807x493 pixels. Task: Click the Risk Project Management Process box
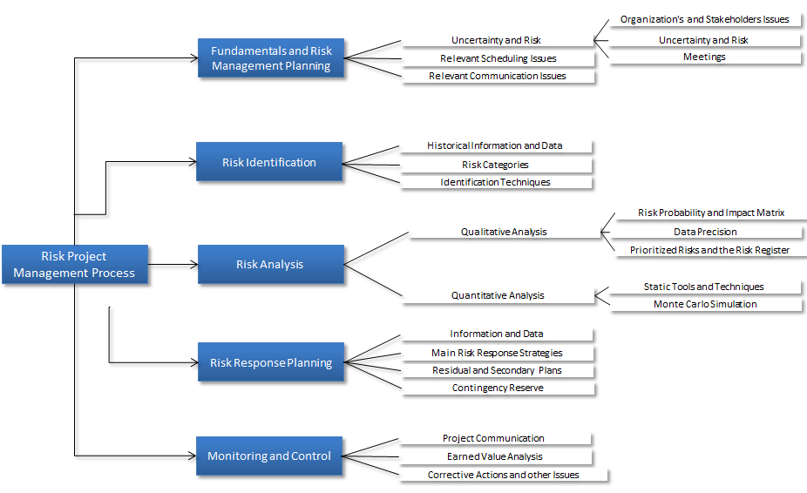pyautogui.click(x=75, y=265)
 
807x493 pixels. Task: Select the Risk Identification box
pyautogui.click(x=269, y=162)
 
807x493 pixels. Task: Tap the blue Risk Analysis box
pyautogui.click(x=271, y=265)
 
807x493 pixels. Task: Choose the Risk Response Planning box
pyautogui.click(x=271, y=362)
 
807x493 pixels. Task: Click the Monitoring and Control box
pyautogui.click(x=269, y=456)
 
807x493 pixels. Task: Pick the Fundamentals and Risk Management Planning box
pyautogui.click(x=271, y=58)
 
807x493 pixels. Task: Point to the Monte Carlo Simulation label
pyautogui.click(x=705, y=304)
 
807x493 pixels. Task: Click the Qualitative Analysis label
pyautogui.click(x=504, y=232)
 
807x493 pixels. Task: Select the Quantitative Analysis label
pyautogui.click(x=498, y=295)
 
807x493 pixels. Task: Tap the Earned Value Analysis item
pyautogui.click(x=495, y=456)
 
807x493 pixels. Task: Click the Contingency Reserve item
pyautogui.click(x=498, y=388)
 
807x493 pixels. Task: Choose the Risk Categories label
pyautogui.click(x=495, y=165)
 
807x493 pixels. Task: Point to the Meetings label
pyautogui.click(x=704, y=57)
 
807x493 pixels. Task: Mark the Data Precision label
pyautogui.click(x=705, y=232)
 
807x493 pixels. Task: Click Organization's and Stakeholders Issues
pyautogui.click(x=704, y=19)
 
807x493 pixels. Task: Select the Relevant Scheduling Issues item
pyautogui.click(x=498, y=58)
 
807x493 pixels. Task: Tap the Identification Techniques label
pyautogui.click(x=495, y=182)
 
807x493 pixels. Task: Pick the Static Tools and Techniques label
pyautogui.click(x=703, y=287)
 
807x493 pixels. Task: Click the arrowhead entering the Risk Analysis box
pyautogui.click(x=194, y=265)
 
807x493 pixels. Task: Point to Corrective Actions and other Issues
pyautogui.click(x=504, y=475)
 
